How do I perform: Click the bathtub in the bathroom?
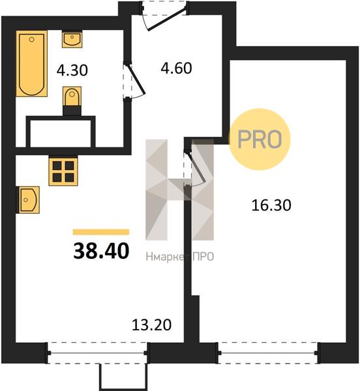click(32, 64)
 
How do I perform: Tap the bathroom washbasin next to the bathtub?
click(72, 39)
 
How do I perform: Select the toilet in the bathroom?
click(72, 96)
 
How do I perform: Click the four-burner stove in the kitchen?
click(63, 171)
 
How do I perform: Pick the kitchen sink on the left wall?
click(28, 200)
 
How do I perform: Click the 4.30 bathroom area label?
click(72, 70)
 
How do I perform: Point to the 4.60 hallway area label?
click(176, 68)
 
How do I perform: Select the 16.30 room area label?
click(271, 205)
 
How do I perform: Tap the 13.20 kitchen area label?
click(151, 325)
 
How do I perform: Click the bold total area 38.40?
click(101, 251)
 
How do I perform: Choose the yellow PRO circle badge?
click(260, 139)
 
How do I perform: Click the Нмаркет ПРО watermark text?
click(179, 257)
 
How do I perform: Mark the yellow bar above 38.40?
click(101, 232)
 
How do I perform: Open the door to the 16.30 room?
click(194, 168)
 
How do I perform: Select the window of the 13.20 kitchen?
click(98, 353)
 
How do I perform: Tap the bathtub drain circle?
click(32, 39)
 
